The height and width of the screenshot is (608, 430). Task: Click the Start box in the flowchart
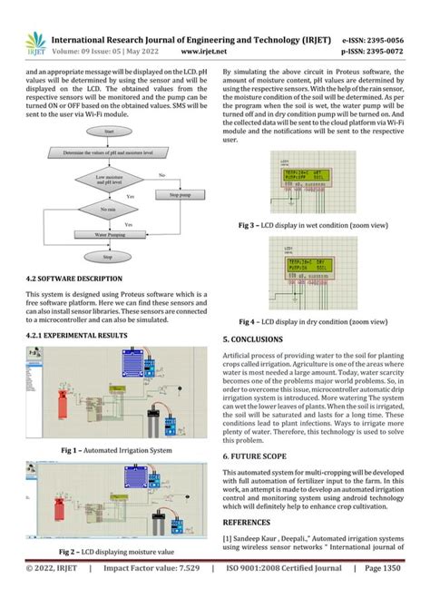(109, 132)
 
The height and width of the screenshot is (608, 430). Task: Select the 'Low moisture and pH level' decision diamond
(109, 178)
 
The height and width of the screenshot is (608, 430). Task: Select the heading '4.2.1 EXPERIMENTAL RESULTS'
(77, 336)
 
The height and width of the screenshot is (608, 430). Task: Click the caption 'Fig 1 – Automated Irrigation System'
(115, 450)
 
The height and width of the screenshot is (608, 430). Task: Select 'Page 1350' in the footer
(386, 594)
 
